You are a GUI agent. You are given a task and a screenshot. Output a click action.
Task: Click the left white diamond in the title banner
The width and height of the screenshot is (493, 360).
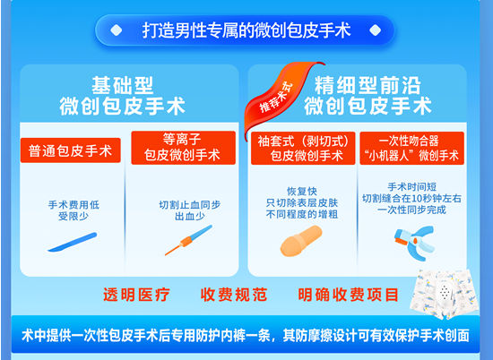(117, 30)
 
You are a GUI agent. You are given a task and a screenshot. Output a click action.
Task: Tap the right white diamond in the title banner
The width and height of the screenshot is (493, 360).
(375, 30)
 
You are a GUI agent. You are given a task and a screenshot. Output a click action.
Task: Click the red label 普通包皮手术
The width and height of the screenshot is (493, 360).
(71, 150)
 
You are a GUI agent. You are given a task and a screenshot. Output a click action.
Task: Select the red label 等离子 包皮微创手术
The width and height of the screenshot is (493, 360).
(183, 148)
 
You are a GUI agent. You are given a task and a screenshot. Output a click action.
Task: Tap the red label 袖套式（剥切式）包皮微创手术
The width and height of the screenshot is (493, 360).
(303, 148)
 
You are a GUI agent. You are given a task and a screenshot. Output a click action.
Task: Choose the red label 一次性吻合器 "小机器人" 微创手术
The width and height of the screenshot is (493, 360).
(412, 148)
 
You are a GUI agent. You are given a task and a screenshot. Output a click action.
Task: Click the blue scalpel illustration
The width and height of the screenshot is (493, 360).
(72, 242)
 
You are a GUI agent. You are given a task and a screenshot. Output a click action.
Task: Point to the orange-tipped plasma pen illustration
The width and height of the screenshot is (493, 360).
(188, 240)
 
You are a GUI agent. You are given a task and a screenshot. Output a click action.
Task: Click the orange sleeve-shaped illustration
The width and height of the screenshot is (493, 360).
(301, 241)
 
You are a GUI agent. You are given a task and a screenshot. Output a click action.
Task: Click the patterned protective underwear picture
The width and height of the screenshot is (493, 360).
(445, 294)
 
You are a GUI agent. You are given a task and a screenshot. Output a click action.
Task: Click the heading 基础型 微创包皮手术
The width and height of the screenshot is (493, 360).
(122, 96)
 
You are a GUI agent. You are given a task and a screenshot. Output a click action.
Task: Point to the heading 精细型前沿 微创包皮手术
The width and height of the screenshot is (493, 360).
(368, 96)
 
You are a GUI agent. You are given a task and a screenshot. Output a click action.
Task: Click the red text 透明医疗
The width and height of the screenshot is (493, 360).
(136, 295)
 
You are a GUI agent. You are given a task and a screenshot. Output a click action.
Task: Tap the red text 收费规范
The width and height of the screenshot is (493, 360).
(234, 295)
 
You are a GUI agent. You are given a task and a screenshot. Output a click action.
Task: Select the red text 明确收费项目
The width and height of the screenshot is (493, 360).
(349, 295)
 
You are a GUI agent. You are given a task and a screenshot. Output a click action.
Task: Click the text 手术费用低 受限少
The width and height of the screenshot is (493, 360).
(74, 210)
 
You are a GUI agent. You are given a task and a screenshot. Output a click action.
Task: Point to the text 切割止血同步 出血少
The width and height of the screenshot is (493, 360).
(190, 210)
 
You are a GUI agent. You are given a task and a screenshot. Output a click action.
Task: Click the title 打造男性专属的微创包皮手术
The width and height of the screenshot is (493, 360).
(246, 30)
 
